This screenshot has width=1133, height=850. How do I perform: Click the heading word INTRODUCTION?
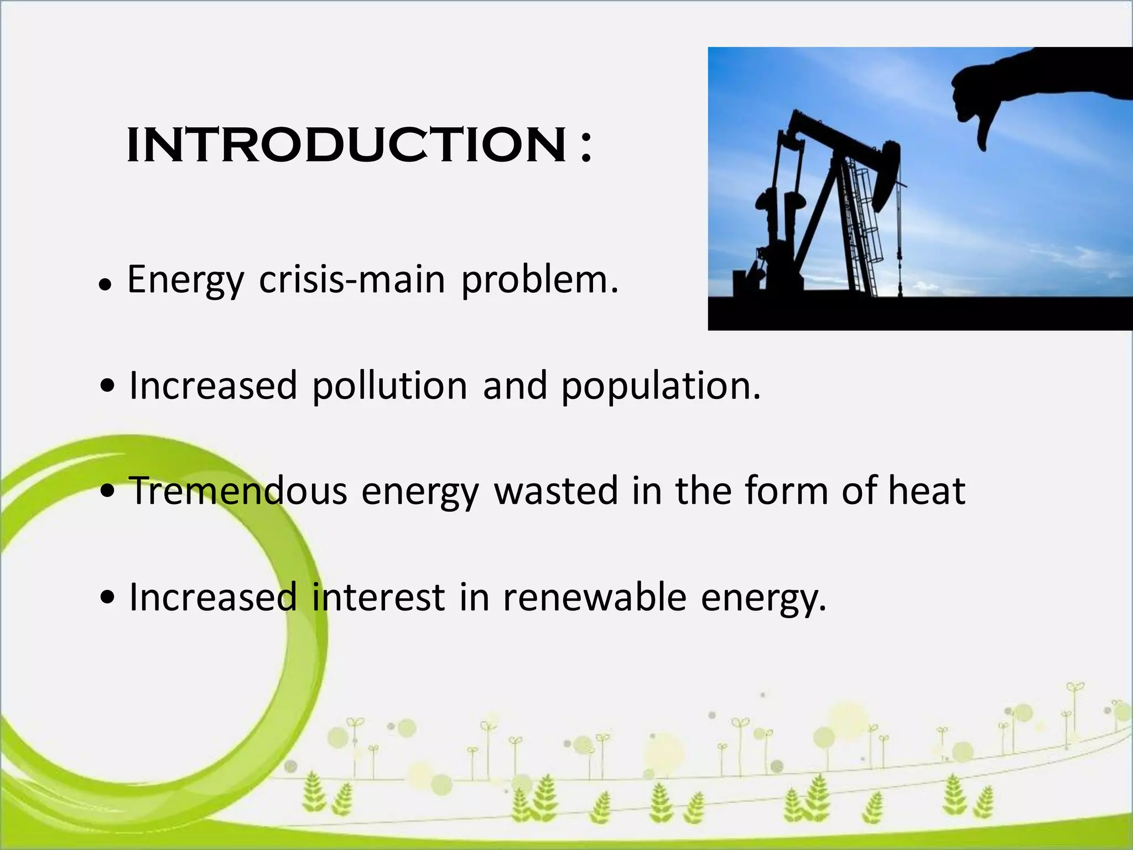coord(346,145)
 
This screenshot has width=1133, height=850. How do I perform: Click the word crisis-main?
coord(352,279)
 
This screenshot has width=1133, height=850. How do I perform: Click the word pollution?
coord(389,386)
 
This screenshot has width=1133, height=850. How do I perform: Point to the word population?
coord(661,386)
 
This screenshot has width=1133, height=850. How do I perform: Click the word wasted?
coord(555,491)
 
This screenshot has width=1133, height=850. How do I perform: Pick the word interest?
coord(378,597)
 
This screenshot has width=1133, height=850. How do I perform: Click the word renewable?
coord(594,597)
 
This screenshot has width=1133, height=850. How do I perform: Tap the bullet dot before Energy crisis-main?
coord(104,285)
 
